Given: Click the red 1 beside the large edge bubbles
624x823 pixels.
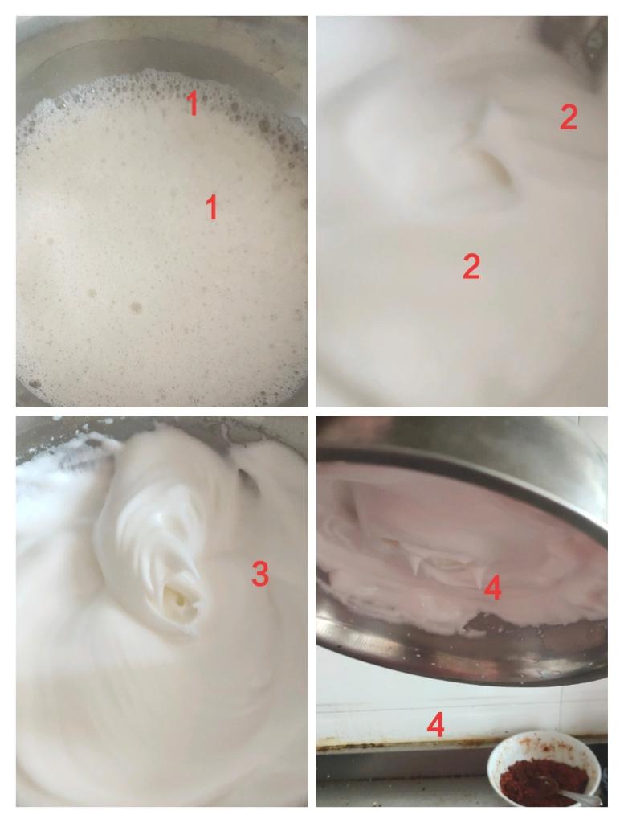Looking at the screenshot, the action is [193, 104].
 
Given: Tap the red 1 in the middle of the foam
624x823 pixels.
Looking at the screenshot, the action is [211, 207].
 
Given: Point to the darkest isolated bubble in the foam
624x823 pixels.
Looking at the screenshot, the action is [136, 308].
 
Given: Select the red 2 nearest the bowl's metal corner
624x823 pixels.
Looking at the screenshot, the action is [569, 117].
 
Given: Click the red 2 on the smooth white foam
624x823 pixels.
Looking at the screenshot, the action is [471, 266].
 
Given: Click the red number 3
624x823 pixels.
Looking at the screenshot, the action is [260, 573].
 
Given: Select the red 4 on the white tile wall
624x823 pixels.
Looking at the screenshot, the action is [436, 726].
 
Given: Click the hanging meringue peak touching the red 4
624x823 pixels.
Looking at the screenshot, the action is [478, 577].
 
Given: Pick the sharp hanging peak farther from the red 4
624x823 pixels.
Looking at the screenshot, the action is [416, 563].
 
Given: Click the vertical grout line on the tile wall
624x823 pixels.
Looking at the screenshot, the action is [562, 709].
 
